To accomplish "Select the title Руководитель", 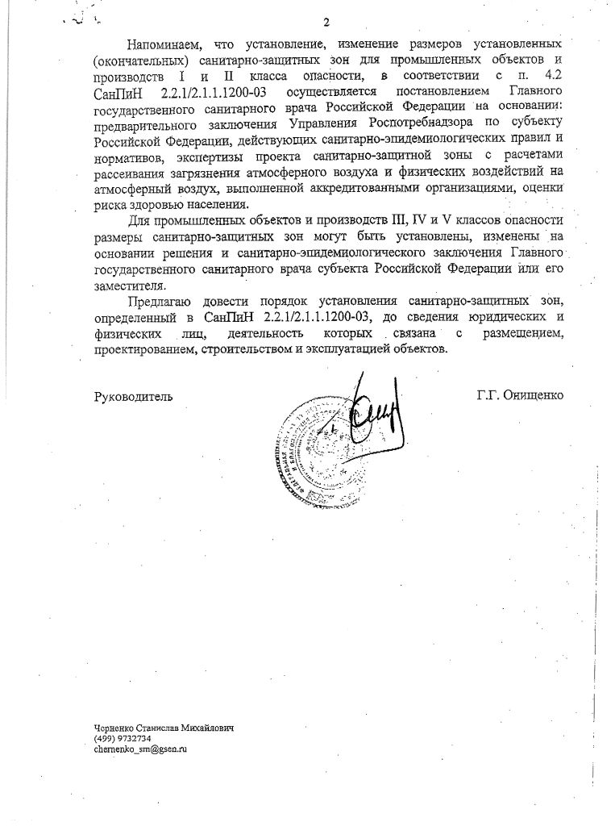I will pyautogui.click(x=134, y=396).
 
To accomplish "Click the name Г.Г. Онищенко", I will pyautogui.click(x=519, y=395).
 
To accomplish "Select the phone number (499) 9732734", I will pyautogui.click(x=122, y=738).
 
